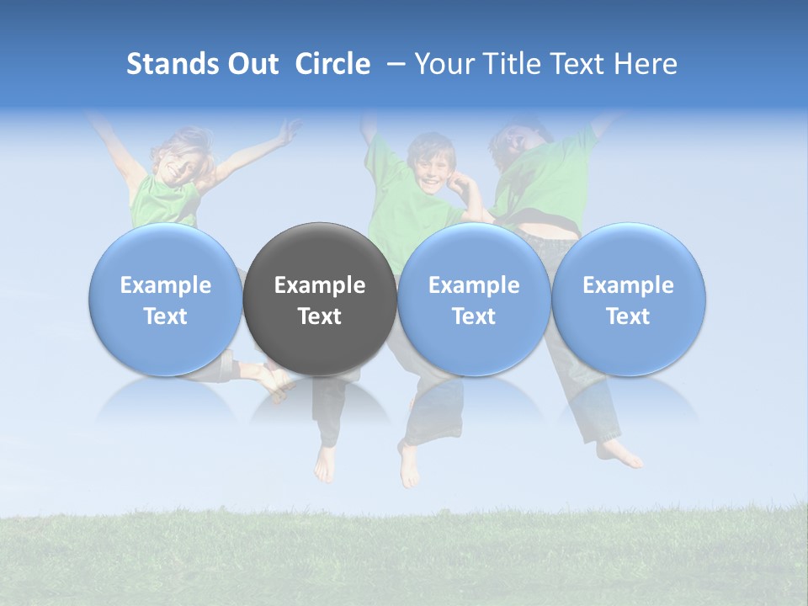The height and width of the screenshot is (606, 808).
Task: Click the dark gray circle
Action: pos(320,299)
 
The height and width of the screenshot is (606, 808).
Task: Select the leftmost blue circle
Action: pos(165,299)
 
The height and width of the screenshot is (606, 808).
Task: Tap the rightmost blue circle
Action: pos(628,299)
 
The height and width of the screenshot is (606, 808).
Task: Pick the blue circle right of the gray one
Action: pos(474,299)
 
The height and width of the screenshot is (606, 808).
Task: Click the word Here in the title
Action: pos(646,64)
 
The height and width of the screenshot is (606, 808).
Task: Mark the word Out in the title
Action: pos(253,64)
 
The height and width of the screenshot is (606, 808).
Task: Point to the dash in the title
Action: pos(396,64)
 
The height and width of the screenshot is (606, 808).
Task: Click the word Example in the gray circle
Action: pos(320,285)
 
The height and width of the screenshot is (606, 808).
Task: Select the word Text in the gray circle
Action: pos(320,316)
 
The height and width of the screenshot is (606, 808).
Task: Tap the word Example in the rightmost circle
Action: pos(628,285)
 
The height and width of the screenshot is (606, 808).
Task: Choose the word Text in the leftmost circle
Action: pos(165,316)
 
